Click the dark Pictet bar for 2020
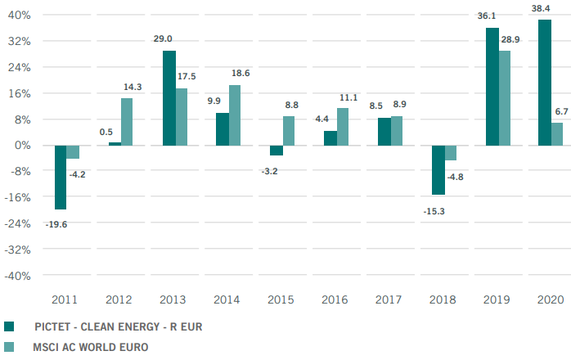545,83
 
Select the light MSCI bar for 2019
505,98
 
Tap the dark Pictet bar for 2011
61,177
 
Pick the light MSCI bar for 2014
236,115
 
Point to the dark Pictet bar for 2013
169,98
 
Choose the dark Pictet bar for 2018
438,170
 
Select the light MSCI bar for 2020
558,134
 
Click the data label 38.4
542,8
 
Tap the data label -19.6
56,223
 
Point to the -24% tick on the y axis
18,223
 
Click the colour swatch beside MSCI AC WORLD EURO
8,347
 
